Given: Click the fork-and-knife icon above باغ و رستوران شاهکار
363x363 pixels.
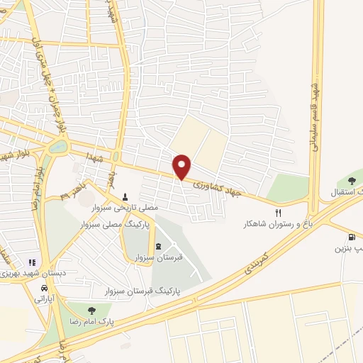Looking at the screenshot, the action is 279,212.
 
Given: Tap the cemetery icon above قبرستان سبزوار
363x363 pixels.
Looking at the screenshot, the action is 157,247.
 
